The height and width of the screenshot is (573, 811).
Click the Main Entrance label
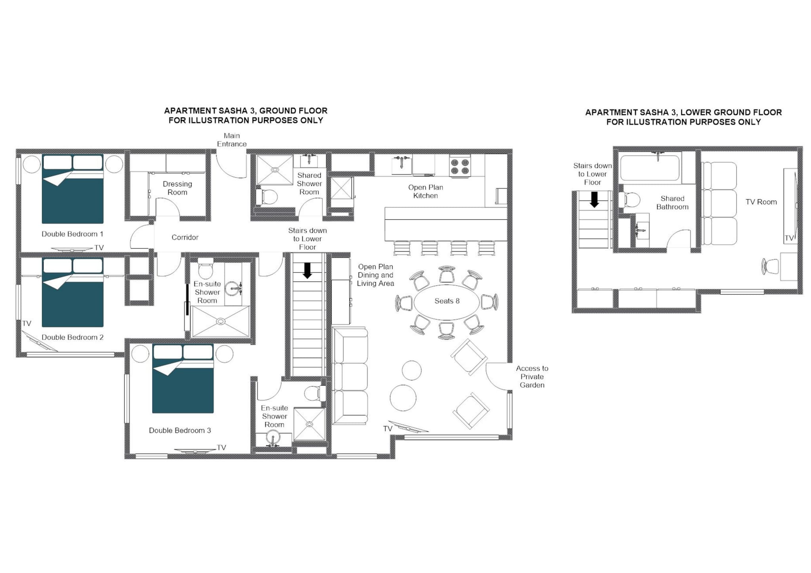pyautogui.click(x=232, y=140)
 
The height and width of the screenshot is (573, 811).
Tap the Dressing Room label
pyautogui.click(x=177, y=188)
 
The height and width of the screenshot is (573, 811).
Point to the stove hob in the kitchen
pyautogui.click(x=460, y=166)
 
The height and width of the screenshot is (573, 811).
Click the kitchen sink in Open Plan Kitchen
pyautogui.click(x=402, y=165)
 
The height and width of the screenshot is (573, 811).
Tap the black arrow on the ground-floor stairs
pyautogui.click(x=307, y=271)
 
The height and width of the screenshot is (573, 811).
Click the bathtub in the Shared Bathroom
pyautogui.click(x=650, y=168)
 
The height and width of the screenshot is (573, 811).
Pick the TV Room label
pyautogui.click(x=761, y=202)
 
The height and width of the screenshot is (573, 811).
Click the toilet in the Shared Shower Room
pyautogui.click(x=268, y=197)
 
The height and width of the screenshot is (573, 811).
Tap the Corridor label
pyautogui.click(x=185, y=237)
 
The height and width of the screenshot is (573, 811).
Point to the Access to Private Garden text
pyautogui.click(x=532, y=377)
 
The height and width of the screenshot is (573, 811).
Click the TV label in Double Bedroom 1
pyautogui.click(x=99, y=248)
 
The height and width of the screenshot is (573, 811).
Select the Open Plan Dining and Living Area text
pyautogui.click(x=375, y=275)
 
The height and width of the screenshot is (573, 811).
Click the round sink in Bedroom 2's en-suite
pyautogui.click(x=233, y=288)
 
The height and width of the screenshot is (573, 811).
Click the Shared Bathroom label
pyautogui.click(x=672, y=203)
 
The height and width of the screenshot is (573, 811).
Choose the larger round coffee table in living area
pyautogui.click(x=403, y=398)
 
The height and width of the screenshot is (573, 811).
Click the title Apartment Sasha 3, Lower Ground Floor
pyautogui.click(x=683, y=117)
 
